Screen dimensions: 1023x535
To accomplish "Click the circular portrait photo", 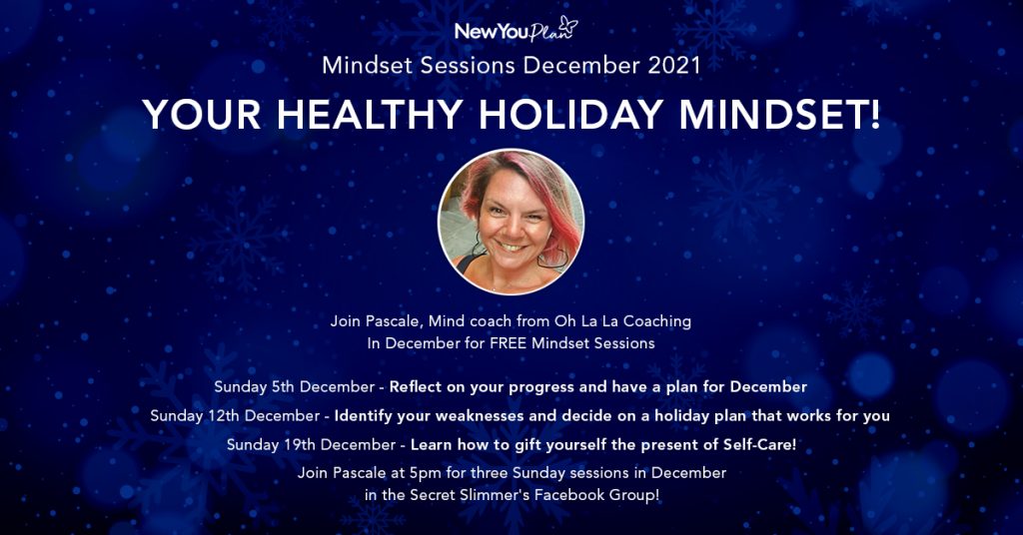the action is pyautogui.click(x=511, y=222).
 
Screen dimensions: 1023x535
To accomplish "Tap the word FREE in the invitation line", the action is pyautogui.click(x=508, y=343).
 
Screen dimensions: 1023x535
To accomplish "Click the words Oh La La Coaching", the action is pyautogui.click(x=622, y=321).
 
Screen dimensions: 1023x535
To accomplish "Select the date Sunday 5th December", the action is pyautogui.click(x=295, y=387).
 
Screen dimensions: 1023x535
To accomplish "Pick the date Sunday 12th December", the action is pyautogui.click(x=235, y=416).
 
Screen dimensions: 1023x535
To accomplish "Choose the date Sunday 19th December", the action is pyautogui.click(x=312, y=445).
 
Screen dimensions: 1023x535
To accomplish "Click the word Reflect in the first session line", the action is pyautogui.click(x=414, y=387).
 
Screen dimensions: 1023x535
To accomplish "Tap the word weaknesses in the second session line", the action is pyautogui.click(x=479, y=416).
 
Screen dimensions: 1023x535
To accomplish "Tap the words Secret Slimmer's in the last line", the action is pyautogui.click(x=470, y=495).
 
